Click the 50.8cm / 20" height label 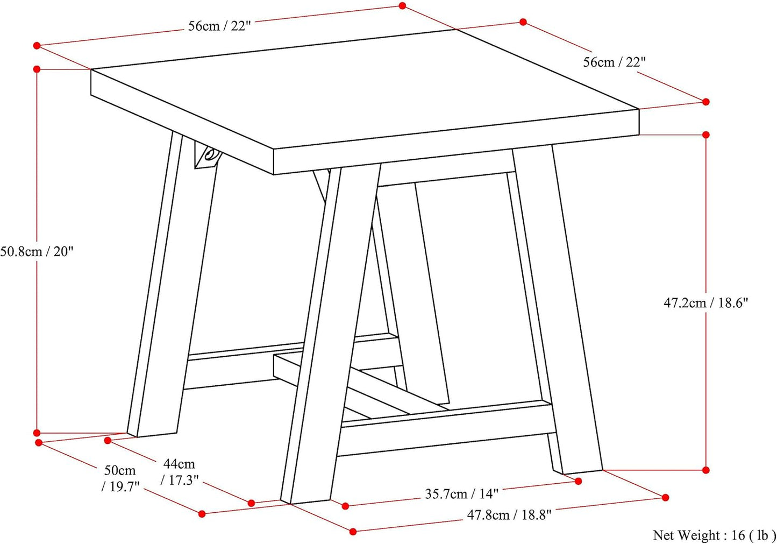tap(37, 251)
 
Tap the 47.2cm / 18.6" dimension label tap(706, 303)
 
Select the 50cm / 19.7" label tap(120, 479)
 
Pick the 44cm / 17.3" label tap(180, 472)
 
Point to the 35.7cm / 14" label tap(462, 493)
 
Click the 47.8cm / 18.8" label tap(509, 514)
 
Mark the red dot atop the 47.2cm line tap(706, 135)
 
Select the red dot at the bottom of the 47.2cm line tap(706, 470)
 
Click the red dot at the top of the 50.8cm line tap(37, 69)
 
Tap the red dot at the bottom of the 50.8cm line tap(37, 433)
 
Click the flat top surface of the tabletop tap(364, 87)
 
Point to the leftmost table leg tap(172, 285)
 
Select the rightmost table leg tap(559, 309)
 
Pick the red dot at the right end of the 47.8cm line tap(665, 498)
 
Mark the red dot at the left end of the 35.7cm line tap(345, 506)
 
